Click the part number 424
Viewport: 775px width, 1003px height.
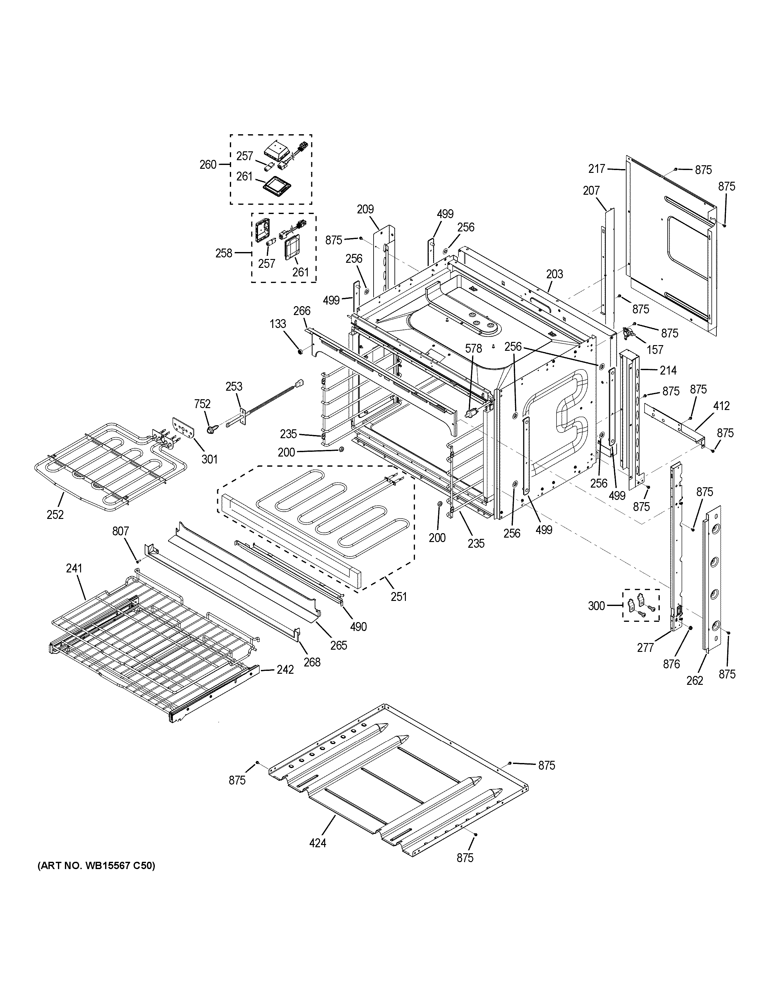pos(318,843)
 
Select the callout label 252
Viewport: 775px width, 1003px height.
pos(55,514)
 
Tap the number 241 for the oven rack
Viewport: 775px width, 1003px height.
pos(74,568)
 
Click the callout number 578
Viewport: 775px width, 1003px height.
pos(473,349)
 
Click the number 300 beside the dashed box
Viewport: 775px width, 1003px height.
pos(596,606)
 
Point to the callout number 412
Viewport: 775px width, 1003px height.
pos(721,406)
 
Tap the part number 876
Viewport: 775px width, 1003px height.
pos(671,664)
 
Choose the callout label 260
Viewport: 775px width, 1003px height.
pos(208,164)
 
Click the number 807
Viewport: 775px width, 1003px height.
pos(121,531)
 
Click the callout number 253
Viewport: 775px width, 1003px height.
pos(234,386)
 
